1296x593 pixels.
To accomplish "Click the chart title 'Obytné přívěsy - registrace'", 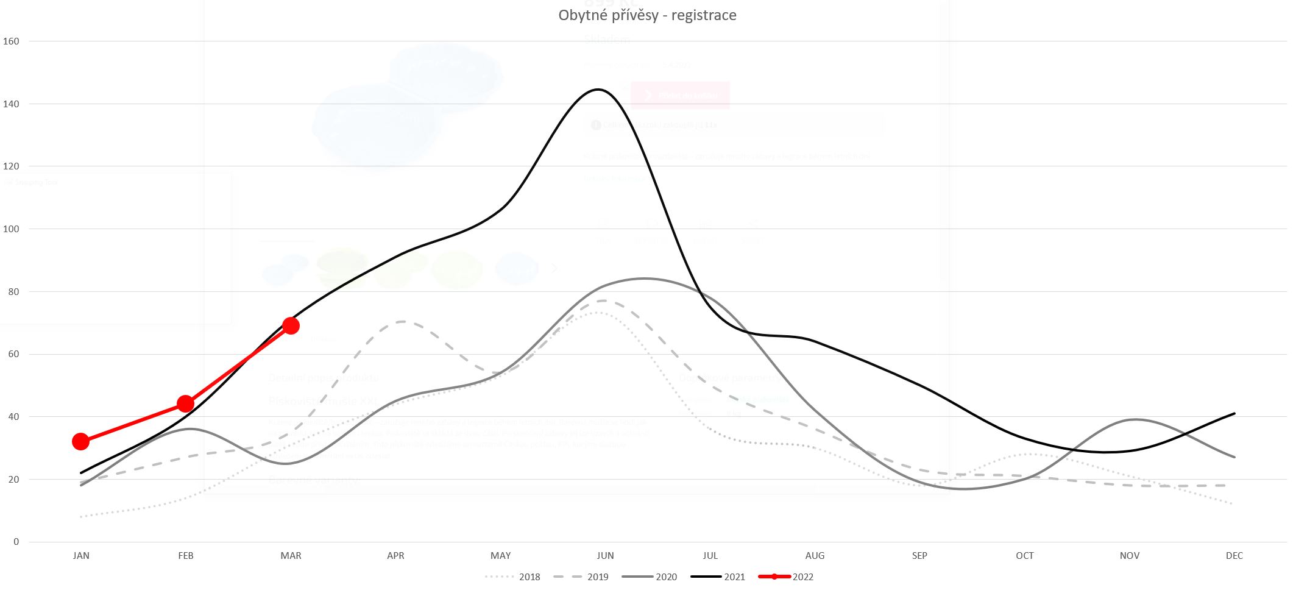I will [x=647, y=15].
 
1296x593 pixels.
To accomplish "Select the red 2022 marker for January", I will [x=80, y=441].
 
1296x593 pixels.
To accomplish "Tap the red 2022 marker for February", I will [x=185, y=403].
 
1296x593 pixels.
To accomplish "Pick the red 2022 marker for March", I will [x=291, y=325].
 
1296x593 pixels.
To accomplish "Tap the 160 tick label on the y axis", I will [x=11, y=41].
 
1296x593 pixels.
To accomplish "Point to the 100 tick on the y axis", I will [x=11, y=229].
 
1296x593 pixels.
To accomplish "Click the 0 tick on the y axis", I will [x=16, y=542].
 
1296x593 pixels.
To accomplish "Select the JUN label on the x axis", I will [x=605, y=556].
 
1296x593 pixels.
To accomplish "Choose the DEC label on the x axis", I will [x=1234, y=556].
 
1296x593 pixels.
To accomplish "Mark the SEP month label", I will [x=919, y=556].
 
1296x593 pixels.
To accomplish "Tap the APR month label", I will [x=395, y=556].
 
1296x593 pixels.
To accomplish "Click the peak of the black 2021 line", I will [x=599, y=90].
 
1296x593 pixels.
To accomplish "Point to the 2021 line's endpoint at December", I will [x=1234, y=414].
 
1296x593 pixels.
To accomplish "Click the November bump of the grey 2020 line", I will [x=1133, y=419].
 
